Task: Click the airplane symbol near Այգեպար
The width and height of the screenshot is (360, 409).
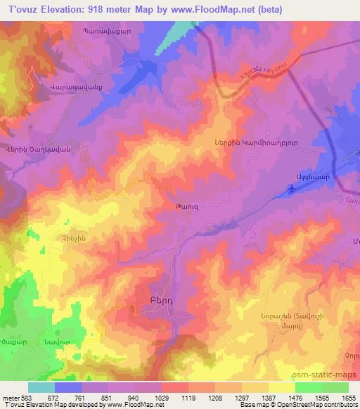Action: tap(292, 188)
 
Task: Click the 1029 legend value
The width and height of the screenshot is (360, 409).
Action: tap(161, 396)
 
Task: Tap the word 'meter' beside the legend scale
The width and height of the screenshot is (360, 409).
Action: tap(11, 396)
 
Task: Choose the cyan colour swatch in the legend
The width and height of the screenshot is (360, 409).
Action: tap(41, 387)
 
